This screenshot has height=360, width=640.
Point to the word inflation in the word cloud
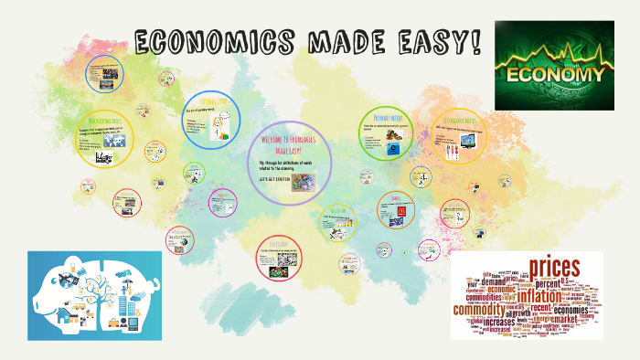(546, 296)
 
